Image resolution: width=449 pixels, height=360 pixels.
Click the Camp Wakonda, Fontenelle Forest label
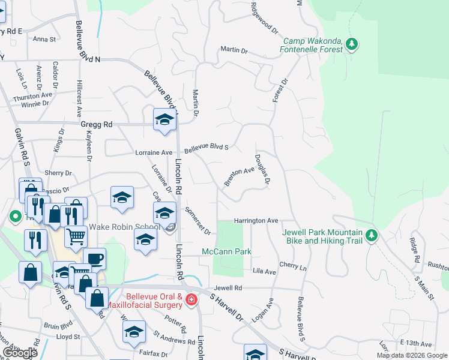(x=313, y=44)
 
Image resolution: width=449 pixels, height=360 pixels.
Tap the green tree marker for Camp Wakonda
(x=352, y=44)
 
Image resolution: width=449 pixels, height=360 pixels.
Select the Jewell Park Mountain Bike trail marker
(x=372, y=236)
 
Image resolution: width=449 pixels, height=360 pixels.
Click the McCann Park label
(x=226, y=251)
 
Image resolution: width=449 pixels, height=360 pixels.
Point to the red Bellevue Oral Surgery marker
(x=191, y=299)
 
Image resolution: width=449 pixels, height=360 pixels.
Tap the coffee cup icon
(x=94, y=259)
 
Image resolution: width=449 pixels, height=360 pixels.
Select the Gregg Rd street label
(x=96, y=125)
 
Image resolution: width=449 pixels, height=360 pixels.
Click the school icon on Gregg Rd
(x=164, y=119)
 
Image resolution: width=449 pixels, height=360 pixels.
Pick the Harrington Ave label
(x=256, y=221)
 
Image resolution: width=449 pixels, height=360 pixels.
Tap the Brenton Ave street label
(x=240, y=175)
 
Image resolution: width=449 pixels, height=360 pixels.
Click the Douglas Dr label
(x=262, y=168)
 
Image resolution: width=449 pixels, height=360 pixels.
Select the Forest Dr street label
(x=280, y=89)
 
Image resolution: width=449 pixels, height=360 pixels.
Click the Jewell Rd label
(x=231, y=289)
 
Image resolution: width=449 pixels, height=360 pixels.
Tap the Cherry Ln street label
(x=293, y=265)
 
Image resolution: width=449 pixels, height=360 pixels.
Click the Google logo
(x=20, y=353)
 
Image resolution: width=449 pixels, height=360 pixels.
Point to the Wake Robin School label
(x=124, y=227)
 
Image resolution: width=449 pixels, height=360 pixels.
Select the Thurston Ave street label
(x=33, y=95)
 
